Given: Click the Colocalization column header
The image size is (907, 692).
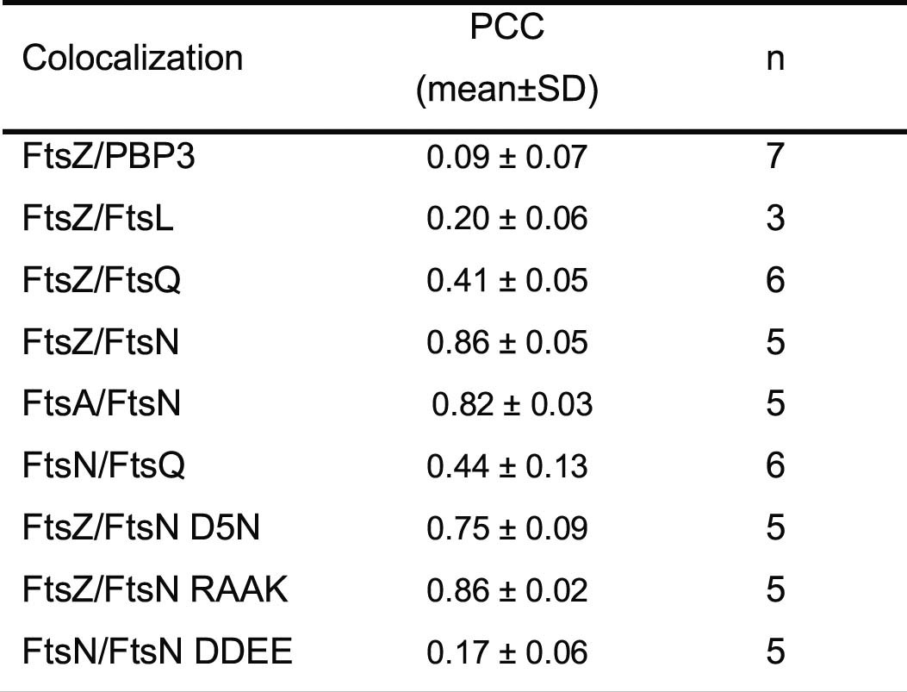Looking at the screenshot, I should (132, 59).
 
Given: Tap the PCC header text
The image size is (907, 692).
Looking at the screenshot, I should (506, 29).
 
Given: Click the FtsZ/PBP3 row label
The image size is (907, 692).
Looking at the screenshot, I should (107, 158).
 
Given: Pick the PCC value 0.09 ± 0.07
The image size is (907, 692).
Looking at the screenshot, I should (507, 159).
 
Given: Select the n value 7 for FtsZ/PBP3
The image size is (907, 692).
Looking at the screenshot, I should (775, 158).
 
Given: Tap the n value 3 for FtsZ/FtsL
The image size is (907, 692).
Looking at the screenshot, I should (775, 220).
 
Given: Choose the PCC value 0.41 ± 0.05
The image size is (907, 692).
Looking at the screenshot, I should (507, 282).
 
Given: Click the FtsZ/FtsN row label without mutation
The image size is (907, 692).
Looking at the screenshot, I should (101, 343).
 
